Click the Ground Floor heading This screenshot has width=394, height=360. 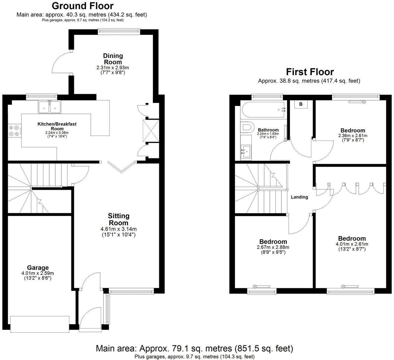pos(82,6)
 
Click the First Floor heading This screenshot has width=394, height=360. pos(310,72)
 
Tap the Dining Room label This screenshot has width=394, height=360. pos(113,59)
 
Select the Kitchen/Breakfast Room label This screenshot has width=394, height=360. pos(57,126)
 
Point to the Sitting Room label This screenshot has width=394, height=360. pos(119,219)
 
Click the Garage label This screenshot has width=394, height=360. pos(38,267)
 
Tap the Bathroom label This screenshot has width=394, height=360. pos(268,130)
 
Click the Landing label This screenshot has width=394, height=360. pos(299,197)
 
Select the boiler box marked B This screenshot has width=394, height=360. pos(301,104)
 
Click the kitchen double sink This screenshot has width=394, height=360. pos(50,107)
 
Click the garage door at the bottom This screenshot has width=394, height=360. pos(40,324)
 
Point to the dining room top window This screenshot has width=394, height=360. pos(119,31)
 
